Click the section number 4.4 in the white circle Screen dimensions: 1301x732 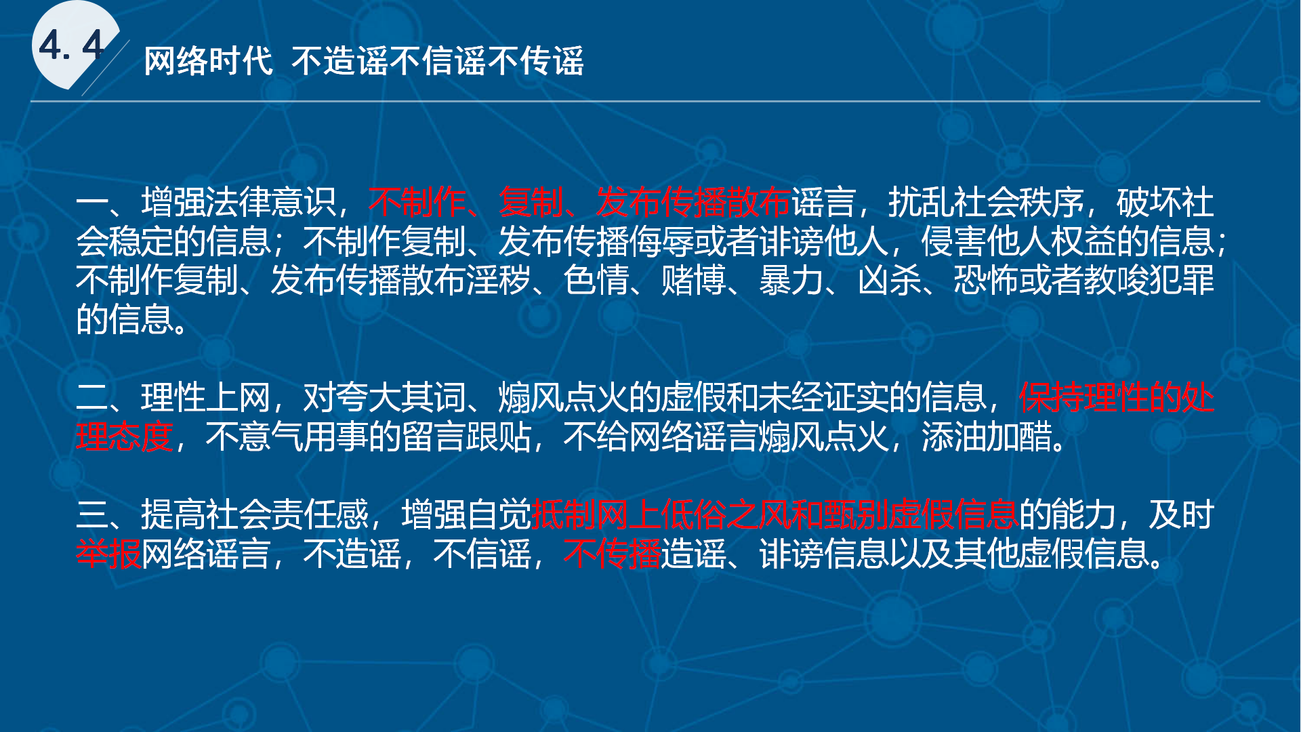(x=72, y=46)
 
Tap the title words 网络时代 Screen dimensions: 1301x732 (x=209, y=61)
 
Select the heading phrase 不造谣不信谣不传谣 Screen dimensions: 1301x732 (x=438, y=61)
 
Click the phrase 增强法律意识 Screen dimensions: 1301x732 (x=238, y=201)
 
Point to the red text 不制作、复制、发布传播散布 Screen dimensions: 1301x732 (x=579, y=201)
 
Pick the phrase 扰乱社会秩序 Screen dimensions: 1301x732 (x=985, y=201)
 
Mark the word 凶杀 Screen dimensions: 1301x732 (x=889, y=280)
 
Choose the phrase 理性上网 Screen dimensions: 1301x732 (x=205, y=397)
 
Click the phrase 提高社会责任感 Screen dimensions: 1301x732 (x=254, y=514)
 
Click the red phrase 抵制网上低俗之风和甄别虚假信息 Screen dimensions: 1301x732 (x=775, y=514)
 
